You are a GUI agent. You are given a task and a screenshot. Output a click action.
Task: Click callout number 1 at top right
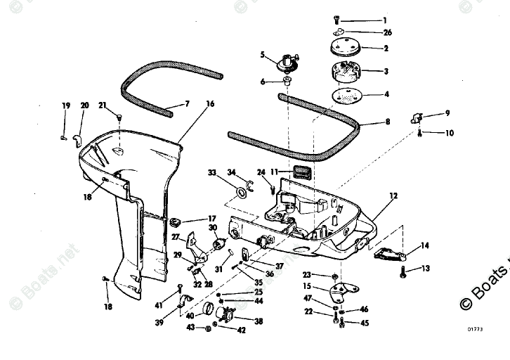(384, 20)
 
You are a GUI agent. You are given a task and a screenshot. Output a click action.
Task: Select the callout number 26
(388, 32)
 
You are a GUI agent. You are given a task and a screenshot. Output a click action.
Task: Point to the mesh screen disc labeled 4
(346, 96)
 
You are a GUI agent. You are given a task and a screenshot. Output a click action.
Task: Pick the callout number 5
(263, 54)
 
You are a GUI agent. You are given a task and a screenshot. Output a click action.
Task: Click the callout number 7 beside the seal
(187, 104)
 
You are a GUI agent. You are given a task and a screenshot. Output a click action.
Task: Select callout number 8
(386, 122)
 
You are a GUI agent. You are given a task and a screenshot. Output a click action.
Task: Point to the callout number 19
(65, 105)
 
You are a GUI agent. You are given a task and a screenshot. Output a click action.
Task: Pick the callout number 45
(364, 323)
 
